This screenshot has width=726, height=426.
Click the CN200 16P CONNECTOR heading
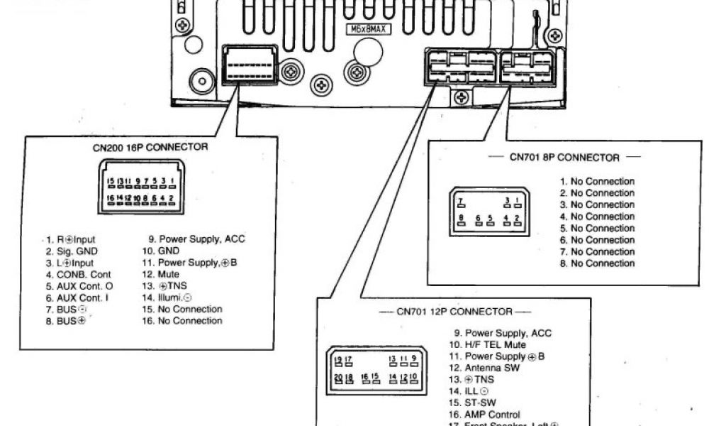150,147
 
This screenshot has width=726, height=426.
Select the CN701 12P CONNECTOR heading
454,311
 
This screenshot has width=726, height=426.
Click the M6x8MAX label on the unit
367,30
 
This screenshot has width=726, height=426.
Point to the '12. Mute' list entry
160,274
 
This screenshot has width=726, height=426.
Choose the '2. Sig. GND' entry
72,251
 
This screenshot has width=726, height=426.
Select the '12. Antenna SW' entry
491,368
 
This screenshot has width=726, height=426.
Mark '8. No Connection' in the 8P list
597,263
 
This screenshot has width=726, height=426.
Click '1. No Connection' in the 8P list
597,182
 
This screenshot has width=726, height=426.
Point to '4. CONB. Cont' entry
79,274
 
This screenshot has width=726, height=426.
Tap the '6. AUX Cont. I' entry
77,297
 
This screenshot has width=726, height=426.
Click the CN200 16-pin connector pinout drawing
141,190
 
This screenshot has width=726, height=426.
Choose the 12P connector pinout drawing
376,369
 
